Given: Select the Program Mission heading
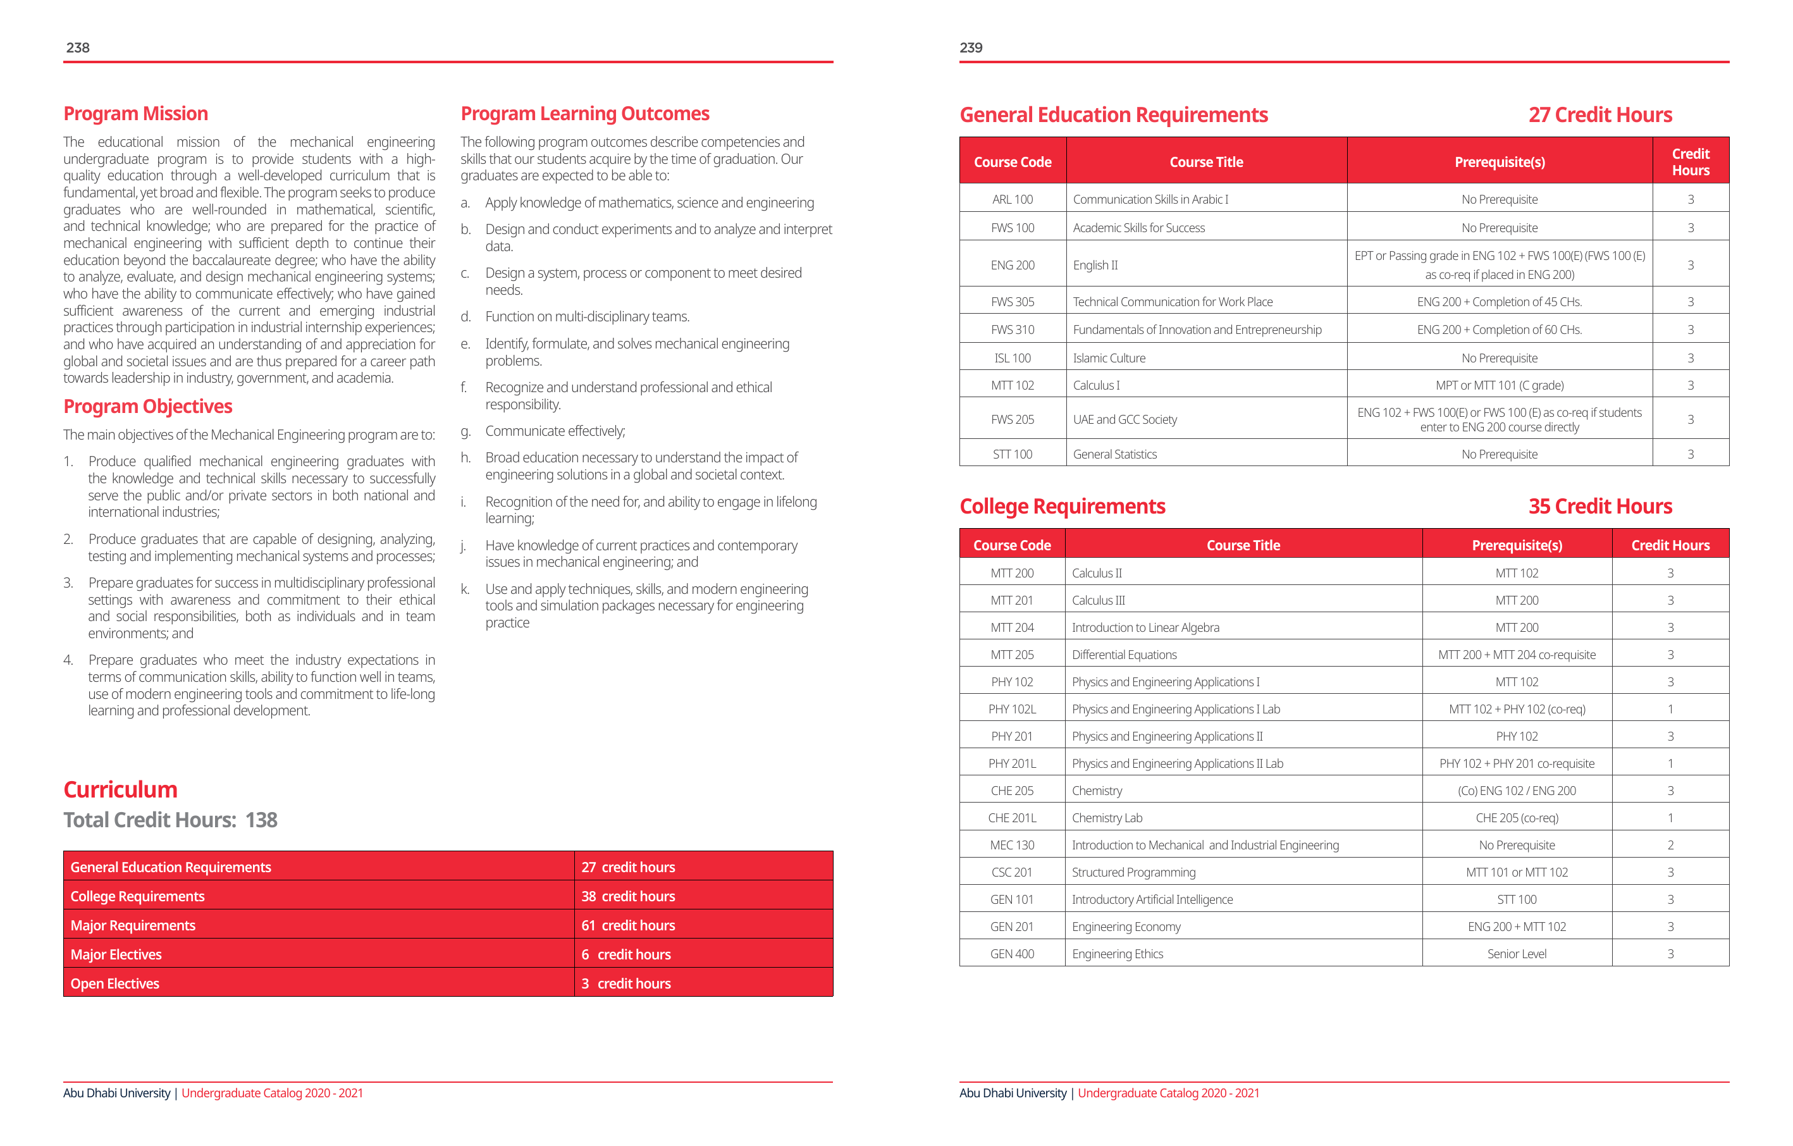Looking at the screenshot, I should [x=135, y=113].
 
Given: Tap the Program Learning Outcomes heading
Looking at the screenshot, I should [x=584, y=113].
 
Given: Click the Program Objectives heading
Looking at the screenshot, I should [x=147, y=406].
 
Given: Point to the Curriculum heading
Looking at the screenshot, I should [x=120, y=789].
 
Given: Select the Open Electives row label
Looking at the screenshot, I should [x=114, y=983].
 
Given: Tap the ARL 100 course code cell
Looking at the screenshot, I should [x=1012, y=200].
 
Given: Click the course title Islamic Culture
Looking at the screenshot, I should [x=1109, y=358].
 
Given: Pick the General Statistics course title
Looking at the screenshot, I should [x=1114, y=454].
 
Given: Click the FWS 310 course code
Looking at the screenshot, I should [x=1012, y=330].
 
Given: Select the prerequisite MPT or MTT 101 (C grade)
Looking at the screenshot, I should [x=1499, y=385].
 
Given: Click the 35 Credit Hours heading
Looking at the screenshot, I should [x=1599, y=507].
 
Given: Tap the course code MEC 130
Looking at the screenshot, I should [x=1012, y=845].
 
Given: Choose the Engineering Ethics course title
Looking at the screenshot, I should [x=1117, y=954].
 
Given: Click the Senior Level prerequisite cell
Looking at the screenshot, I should [x=1516, y=954].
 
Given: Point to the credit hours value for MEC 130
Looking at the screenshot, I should [x=1670, y=845].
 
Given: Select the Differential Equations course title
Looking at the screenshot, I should [x=1124, y=655].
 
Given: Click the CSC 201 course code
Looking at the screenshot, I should [x=1012, y=872].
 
